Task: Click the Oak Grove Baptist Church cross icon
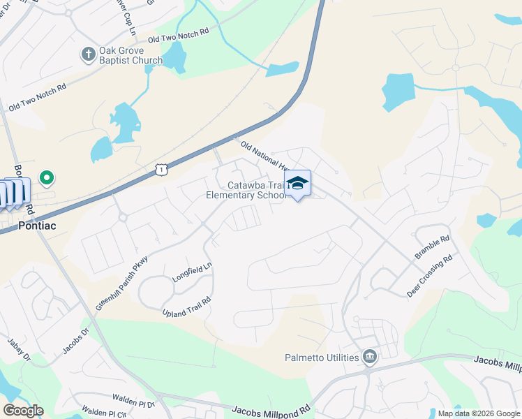(x=89, y=54)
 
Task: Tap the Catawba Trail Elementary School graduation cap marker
(x=298, y=184)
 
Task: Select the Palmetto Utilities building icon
(x=370, y=358)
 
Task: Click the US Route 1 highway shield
(x=162, y=169)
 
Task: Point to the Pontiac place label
(x=36, y=226)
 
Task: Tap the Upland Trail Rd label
(x=186, y=307)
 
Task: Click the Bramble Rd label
(x=433, y=247)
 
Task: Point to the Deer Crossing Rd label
(x=430, y=277)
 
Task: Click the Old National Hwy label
(x=263, y=155)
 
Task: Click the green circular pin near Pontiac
(x=47, y=179)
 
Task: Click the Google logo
(x=23, y=411)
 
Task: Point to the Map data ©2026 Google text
(x=479, y=413)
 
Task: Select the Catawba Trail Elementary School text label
(x=246, y=190)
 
